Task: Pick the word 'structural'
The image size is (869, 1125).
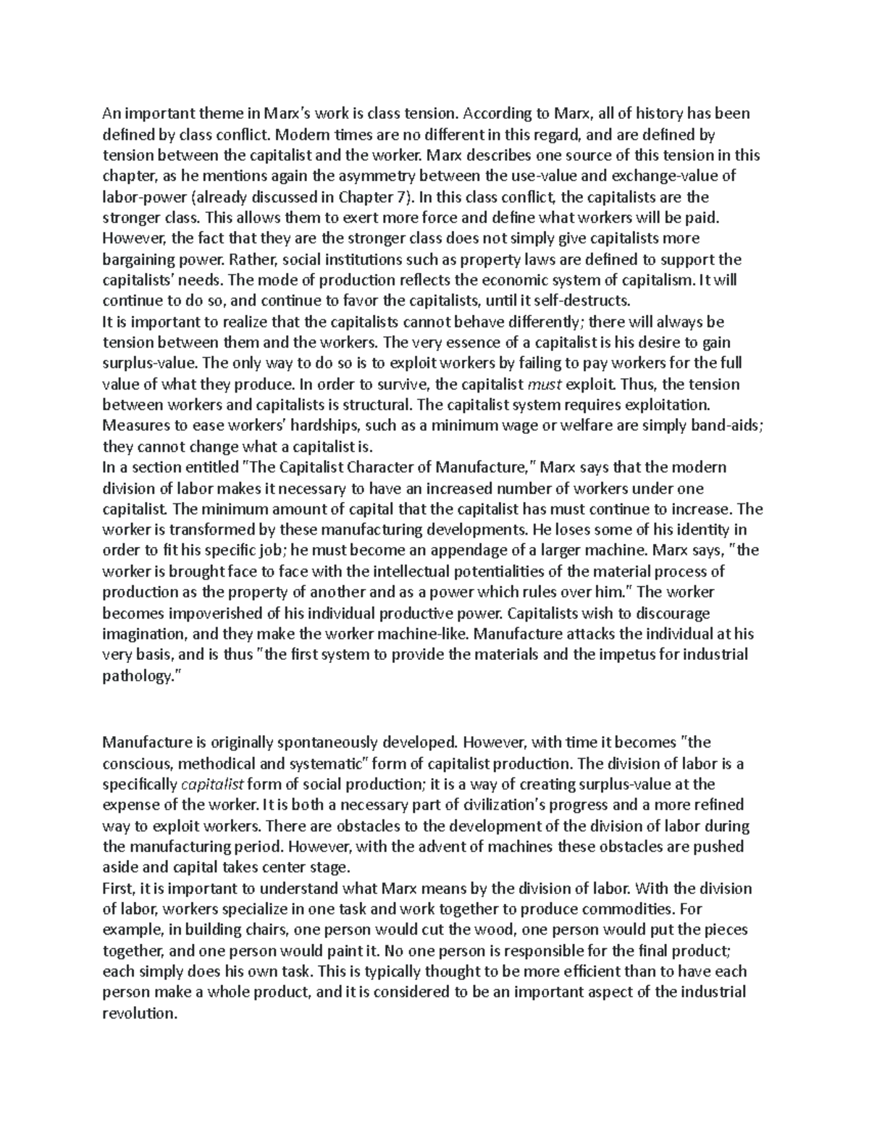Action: click(x=382, y=404)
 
